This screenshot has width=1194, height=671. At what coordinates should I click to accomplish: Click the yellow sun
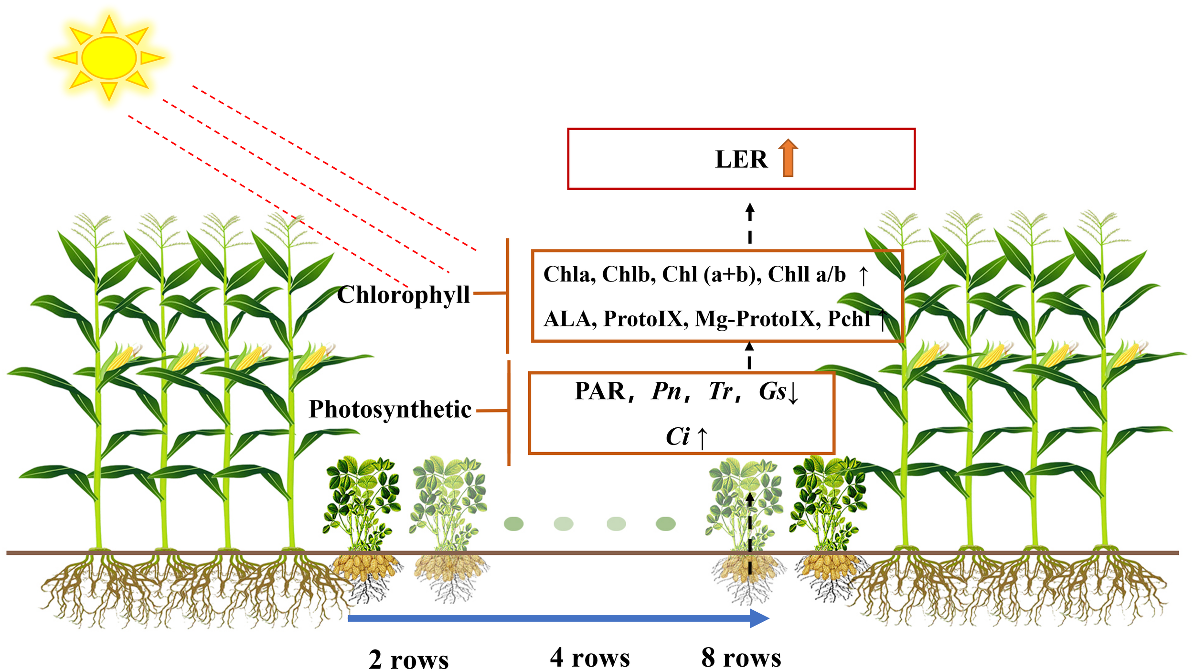[x=109, y=57]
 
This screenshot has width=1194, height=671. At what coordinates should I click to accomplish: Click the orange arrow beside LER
[x=788, y=158]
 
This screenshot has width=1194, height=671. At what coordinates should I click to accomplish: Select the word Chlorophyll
[x=404, y=294]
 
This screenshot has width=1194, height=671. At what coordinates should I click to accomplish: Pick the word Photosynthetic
[x=390, y=409]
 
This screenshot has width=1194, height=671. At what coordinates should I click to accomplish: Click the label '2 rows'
[x=409, y=660]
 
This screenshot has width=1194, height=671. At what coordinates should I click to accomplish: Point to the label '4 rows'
[x=590, y=658]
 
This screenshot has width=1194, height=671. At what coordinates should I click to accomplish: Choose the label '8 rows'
[x=741, y=658]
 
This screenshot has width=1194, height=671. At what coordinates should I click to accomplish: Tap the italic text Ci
[x=678, y=436]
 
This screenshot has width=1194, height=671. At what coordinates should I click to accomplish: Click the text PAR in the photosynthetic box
[x=600, y=391]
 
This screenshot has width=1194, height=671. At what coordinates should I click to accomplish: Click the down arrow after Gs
[x=793, y=393]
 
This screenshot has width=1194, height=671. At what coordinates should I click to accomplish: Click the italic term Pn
[x=666, y=391]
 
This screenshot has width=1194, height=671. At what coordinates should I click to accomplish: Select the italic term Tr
[x=720, y=391]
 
